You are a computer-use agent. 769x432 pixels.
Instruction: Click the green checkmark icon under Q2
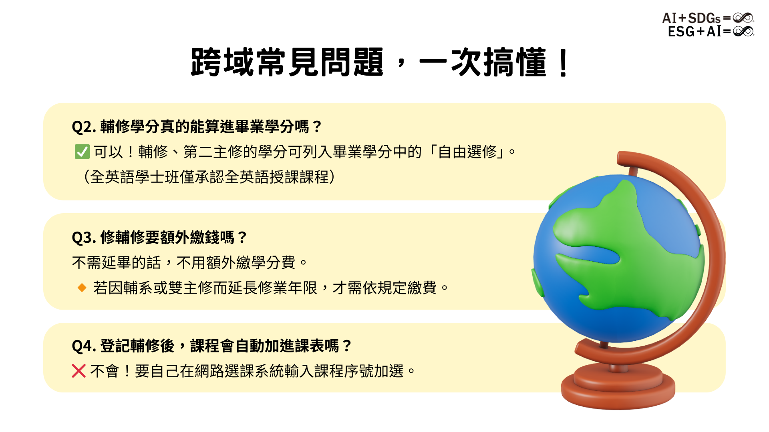click(x=82, y=152)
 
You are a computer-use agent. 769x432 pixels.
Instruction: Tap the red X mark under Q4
click(x=79, y=371)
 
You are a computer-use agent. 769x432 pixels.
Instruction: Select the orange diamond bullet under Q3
click(x=82, y=288)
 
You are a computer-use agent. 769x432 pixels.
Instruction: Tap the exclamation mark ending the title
click(x=563, y=63)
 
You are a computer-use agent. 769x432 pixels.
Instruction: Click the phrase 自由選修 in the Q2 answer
click(x=467, y=152)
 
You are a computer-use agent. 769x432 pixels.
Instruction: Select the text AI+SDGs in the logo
click(x=691, y=18)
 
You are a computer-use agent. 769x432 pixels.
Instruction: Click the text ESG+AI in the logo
click(x=694, y=31)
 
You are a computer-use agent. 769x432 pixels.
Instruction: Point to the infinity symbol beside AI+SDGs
click(x=743, y=18)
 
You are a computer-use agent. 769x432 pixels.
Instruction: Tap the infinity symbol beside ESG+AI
click(x=743, y=31)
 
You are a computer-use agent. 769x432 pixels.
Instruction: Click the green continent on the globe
click(x=625, y=248)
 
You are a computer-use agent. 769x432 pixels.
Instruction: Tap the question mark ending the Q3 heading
click(x=242, y=238)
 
